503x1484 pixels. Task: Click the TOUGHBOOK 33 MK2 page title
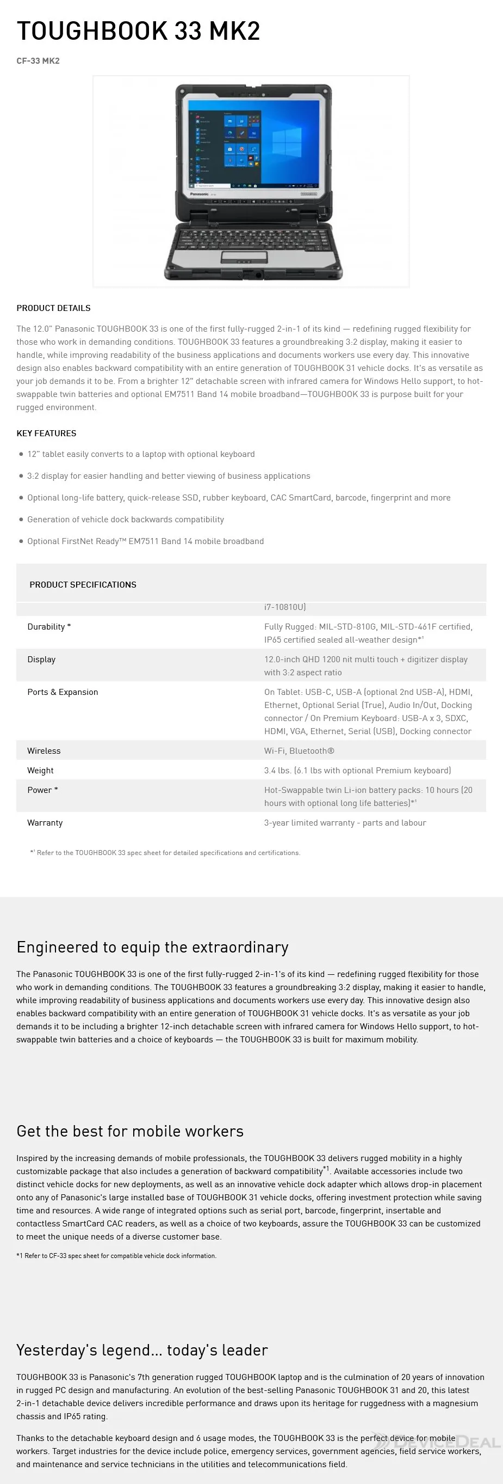(138, 31)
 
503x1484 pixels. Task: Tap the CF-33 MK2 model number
(38, 61)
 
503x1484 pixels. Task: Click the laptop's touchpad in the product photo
(245, 257)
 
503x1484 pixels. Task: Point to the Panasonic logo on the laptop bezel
(199, 194)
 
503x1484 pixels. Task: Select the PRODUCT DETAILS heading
(53, 308)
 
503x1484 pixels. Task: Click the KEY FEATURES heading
(46, 433)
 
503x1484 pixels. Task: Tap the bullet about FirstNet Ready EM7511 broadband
(145, 541)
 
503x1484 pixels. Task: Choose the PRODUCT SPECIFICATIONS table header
(83, 585)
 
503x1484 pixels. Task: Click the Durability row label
(49, 627)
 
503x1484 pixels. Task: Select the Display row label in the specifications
(41, 659)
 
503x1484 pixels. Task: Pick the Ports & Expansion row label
(63, 693)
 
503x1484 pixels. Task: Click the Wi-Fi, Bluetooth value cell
(299, 751)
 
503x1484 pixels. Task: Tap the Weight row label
(40, 771)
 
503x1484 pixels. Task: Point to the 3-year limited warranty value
(345, 823)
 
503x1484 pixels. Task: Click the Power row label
(42, 790)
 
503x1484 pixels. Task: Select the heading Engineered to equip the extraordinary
(152, 948)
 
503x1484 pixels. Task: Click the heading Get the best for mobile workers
(130, 1132)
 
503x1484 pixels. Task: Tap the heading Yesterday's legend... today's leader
(142, 1351)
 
